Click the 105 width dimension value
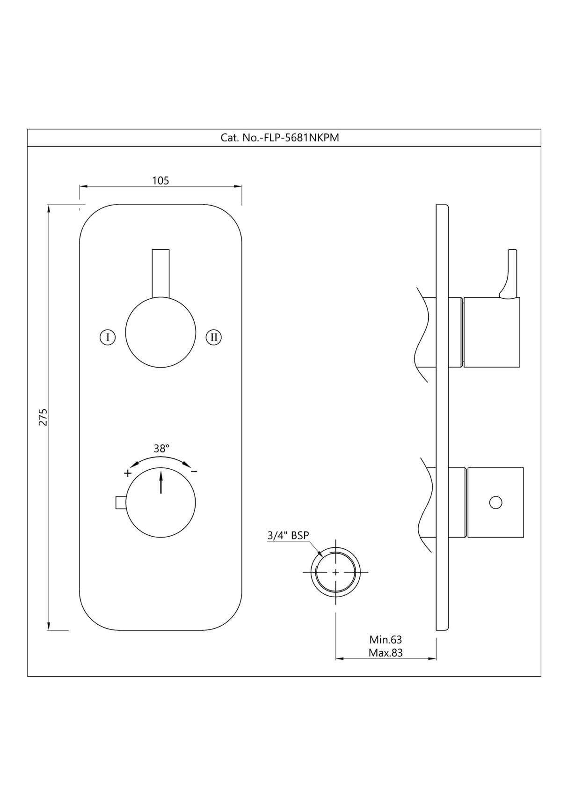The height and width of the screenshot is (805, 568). (x=160, y=180)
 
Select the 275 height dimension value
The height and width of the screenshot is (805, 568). (x=43, y=417)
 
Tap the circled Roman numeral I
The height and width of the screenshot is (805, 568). (x=108, y=337)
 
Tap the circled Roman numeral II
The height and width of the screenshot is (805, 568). (x=214, y=337)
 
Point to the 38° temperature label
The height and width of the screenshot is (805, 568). (x=161, y=449)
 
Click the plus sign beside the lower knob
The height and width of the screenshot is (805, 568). (x=128, y=473)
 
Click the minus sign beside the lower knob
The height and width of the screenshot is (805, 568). (x=194, y=471)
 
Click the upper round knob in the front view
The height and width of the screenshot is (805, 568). (x=160, y=332)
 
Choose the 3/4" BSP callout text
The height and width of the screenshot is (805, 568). (x=288, y=535)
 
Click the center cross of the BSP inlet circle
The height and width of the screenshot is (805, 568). (x=335, y=572)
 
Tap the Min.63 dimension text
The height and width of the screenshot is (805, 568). (x=386, y=640)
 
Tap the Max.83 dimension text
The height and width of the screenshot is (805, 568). (x=386, y=652)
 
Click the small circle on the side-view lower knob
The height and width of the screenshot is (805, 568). (x=495, y=502)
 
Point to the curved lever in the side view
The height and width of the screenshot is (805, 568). (x=510, y=274)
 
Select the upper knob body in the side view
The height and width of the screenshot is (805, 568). (x=492, y=332)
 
